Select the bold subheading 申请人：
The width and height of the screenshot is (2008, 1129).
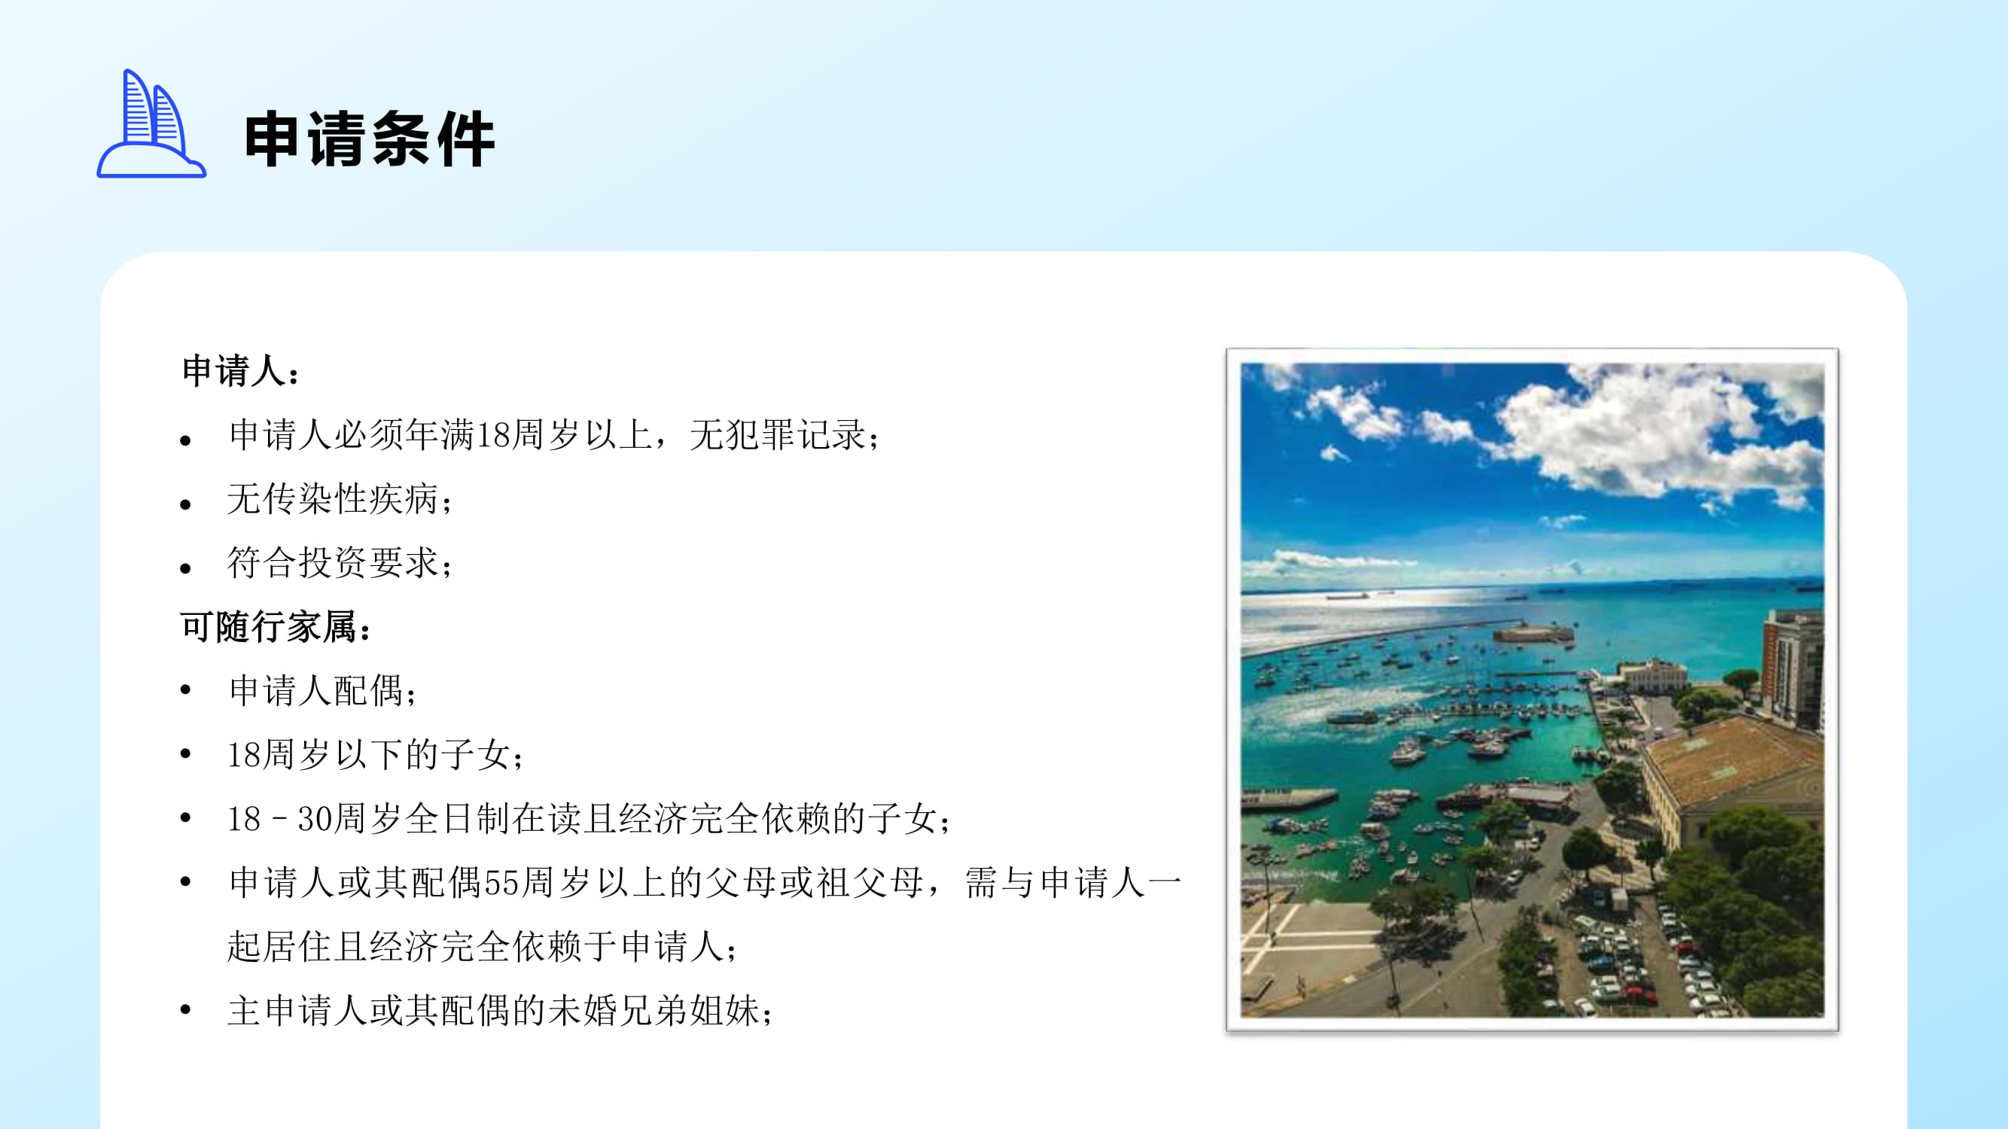coord(240,370)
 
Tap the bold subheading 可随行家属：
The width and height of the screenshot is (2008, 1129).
coord(276,626)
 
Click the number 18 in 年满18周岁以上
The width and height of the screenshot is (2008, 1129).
coord(492,435)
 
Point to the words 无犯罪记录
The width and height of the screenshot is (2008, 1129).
coord(777,435)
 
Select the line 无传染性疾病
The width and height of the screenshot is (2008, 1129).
coord(333,499)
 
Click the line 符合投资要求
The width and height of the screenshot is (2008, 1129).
coord(333,562)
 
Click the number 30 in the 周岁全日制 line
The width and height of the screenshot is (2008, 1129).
coord(315,819)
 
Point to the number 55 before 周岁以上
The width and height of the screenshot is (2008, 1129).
coord(501,883)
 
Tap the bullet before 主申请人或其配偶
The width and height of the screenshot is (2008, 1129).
coord(185,1011)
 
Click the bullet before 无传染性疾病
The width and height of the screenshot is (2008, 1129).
coord(185,504)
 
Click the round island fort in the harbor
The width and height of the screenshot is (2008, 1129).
coord(1532,632)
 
